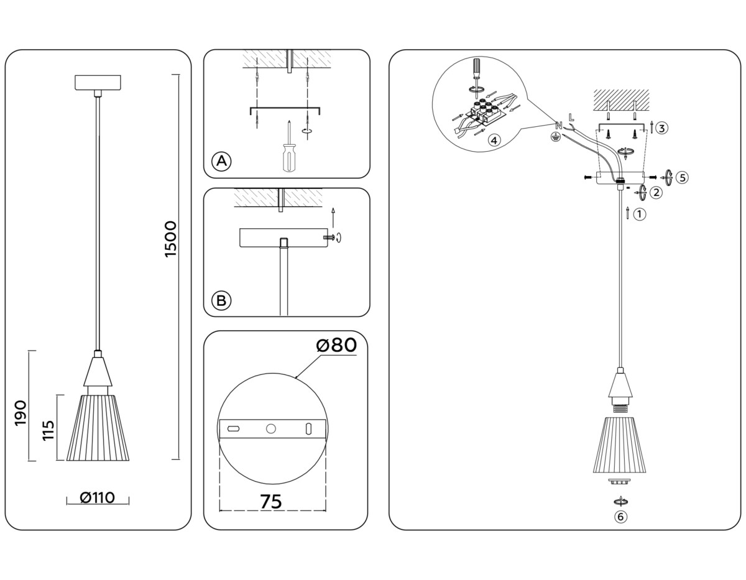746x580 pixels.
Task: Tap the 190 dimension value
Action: click(x=21, y=413)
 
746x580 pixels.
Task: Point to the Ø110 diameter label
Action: click(x=98, y=498)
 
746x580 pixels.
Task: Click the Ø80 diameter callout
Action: click(x=336, y=345)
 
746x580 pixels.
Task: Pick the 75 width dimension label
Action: click(x=271, y=501)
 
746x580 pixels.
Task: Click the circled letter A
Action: click(x=221, y=162)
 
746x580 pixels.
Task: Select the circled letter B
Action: click(x=221, y=302)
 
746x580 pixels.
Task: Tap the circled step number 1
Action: click(x=640, y=214)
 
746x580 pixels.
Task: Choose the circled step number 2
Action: click(x=656, y=193)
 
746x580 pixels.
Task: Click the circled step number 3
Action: click(x=661, y=129)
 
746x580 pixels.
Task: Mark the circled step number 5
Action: click(x=682, y=178)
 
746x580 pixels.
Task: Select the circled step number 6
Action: click(x=620, y=517)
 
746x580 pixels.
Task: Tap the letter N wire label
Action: click(x=558, y=126)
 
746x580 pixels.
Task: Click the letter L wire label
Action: click(x=571, y=115)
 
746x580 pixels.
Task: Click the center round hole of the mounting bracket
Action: click(x=271, y=428)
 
